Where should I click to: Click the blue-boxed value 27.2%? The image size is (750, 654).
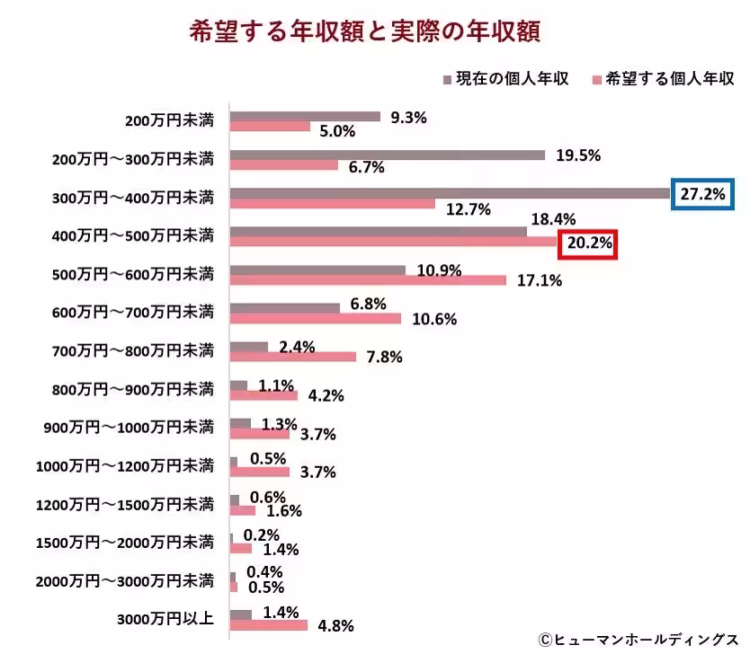pos(703,193)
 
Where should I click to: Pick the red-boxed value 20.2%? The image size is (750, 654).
pos(588,243)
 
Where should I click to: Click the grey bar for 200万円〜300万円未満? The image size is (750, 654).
pos(388,155)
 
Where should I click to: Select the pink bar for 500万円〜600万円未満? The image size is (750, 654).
pos(368,280)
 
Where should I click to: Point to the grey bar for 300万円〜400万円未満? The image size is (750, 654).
pos(450,192)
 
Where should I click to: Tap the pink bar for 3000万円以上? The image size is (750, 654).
pos(269,625)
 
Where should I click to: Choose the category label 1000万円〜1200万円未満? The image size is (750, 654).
pos(125,465)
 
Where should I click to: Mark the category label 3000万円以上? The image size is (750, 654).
pos(166,619)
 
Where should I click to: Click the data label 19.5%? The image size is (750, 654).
pos(578,155)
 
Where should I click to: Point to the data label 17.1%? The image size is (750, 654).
pos(540,280)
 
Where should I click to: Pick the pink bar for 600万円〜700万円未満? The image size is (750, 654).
pos(316,318)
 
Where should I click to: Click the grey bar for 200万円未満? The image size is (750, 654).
pos(306,116)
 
